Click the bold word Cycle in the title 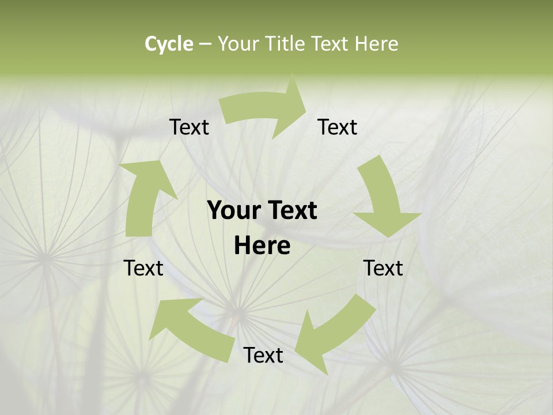point(169,44)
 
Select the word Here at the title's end point(377,44)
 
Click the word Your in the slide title point(238,44)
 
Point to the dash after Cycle point(205,44)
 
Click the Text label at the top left point(189,127)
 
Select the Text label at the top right point(338,127)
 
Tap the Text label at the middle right point(383,268)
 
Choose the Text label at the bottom point(263,355)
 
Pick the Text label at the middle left point(143,268)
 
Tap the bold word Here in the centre point(262,246)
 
